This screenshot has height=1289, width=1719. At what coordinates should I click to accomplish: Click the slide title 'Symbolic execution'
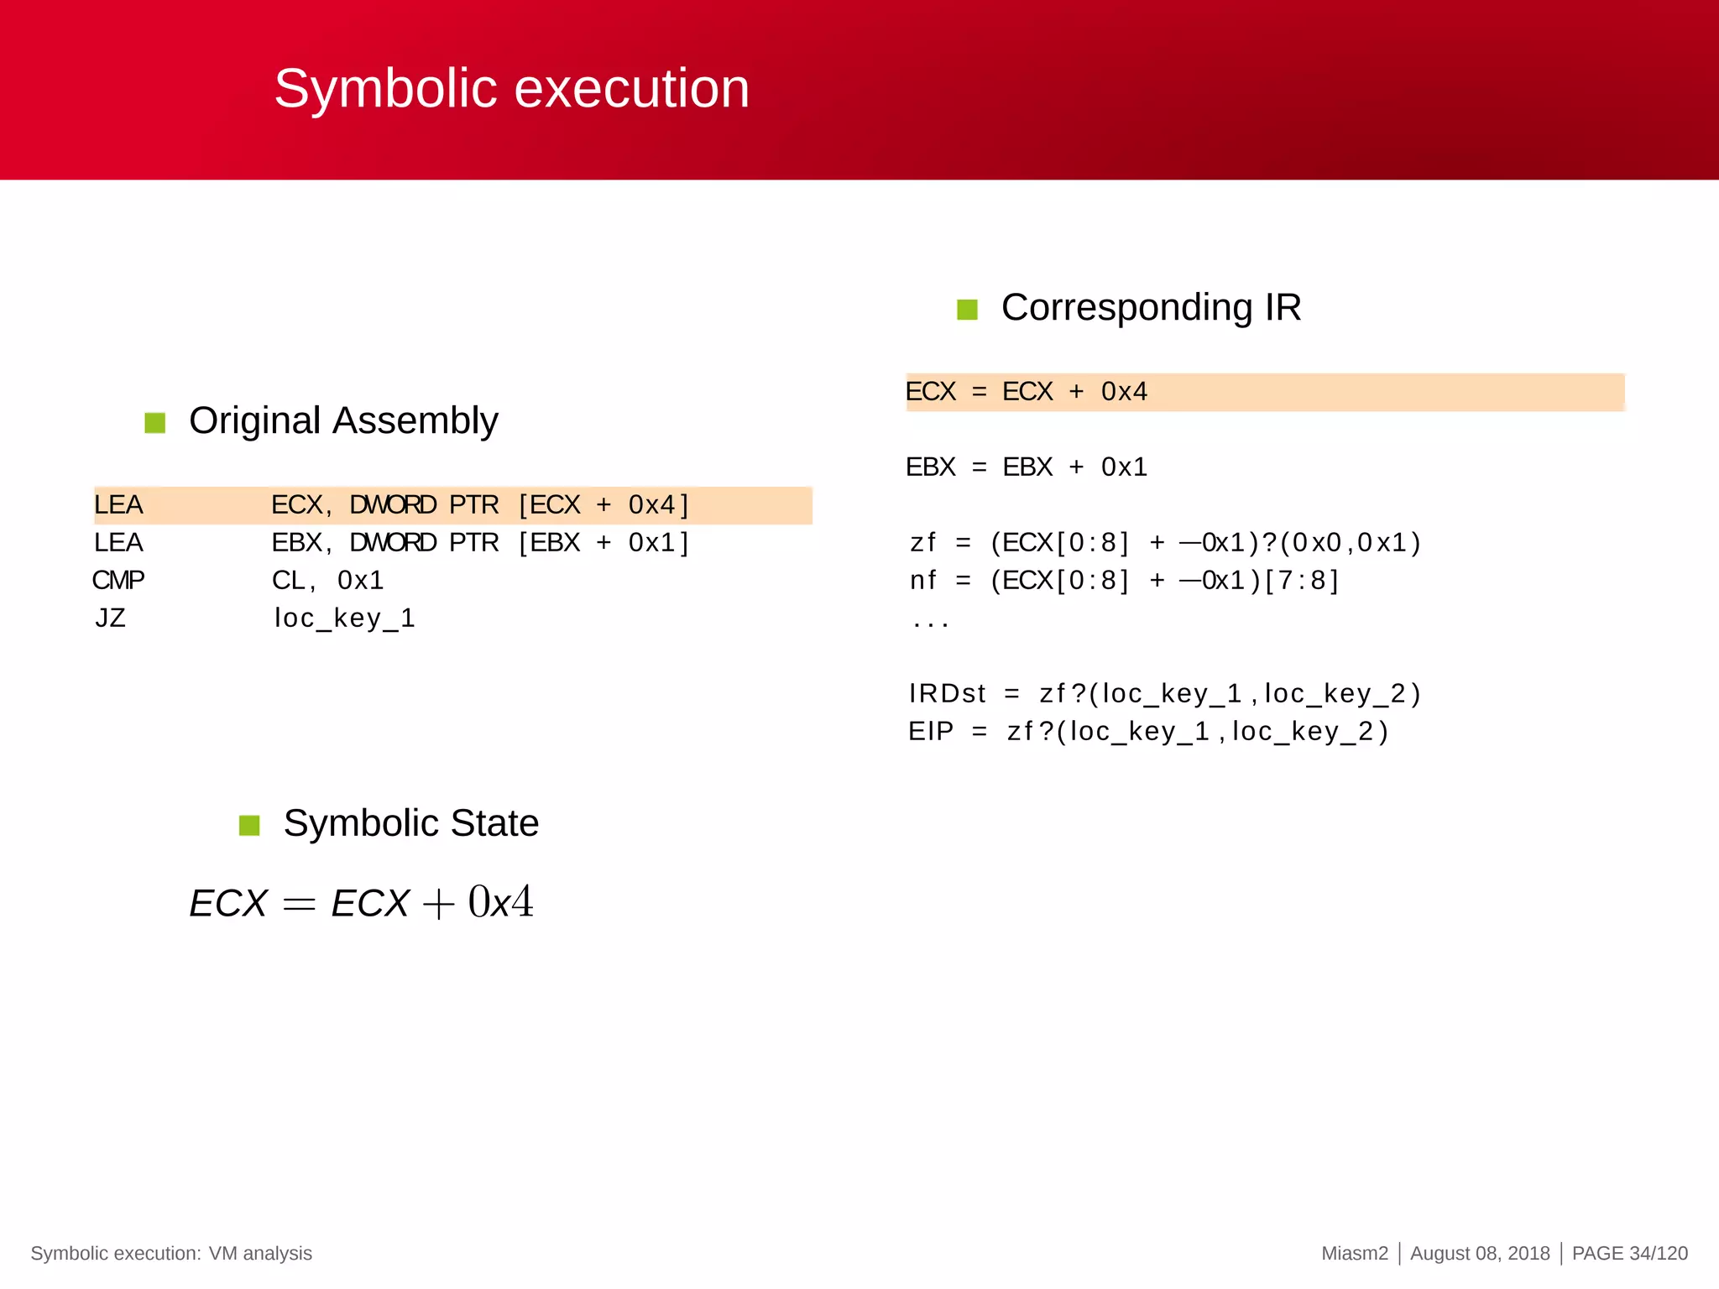511,89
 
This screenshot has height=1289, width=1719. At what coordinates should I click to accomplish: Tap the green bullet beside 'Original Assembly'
154,422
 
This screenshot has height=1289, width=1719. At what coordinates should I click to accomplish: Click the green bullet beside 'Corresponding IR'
967,310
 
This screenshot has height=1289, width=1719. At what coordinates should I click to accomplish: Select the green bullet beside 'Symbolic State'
249,825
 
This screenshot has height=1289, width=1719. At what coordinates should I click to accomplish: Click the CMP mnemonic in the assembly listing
118,580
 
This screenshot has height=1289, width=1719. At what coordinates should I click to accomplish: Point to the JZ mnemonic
110,618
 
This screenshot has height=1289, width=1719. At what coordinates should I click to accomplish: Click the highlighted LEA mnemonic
118,505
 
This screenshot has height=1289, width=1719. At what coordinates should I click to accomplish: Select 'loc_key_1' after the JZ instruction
344,618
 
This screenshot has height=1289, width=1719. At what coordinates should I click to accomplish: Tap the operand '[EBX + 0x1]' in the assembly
603,543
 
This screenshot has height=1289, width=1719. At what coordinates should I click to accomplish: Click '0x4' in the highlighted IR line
1124,392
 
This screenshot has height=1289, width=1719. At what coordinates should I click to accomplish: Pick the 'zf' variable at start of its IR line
922,543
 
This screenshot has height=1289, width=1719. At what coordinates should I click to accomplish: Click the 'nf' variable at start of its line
922,581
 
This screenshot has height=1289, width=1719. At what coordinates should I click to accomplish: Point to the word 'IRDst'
947,694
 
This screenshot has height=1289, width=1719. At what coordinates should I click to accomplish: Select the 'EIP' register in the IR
931,732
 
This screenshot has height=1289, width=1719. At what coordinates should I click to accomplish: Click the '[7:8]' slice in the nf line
1301,581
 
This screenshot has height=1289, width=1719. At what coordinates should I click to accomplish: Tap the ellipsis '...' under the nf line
930,622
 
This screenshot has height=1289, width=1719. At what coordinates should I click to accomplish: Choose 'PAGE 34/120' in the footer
1629,1253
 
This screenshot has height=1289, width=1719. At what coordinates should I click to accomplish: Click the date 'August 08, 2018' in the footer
1480,1253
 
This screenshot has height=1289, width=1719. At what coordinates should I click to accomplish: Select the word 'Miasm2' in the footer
1355,1253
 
